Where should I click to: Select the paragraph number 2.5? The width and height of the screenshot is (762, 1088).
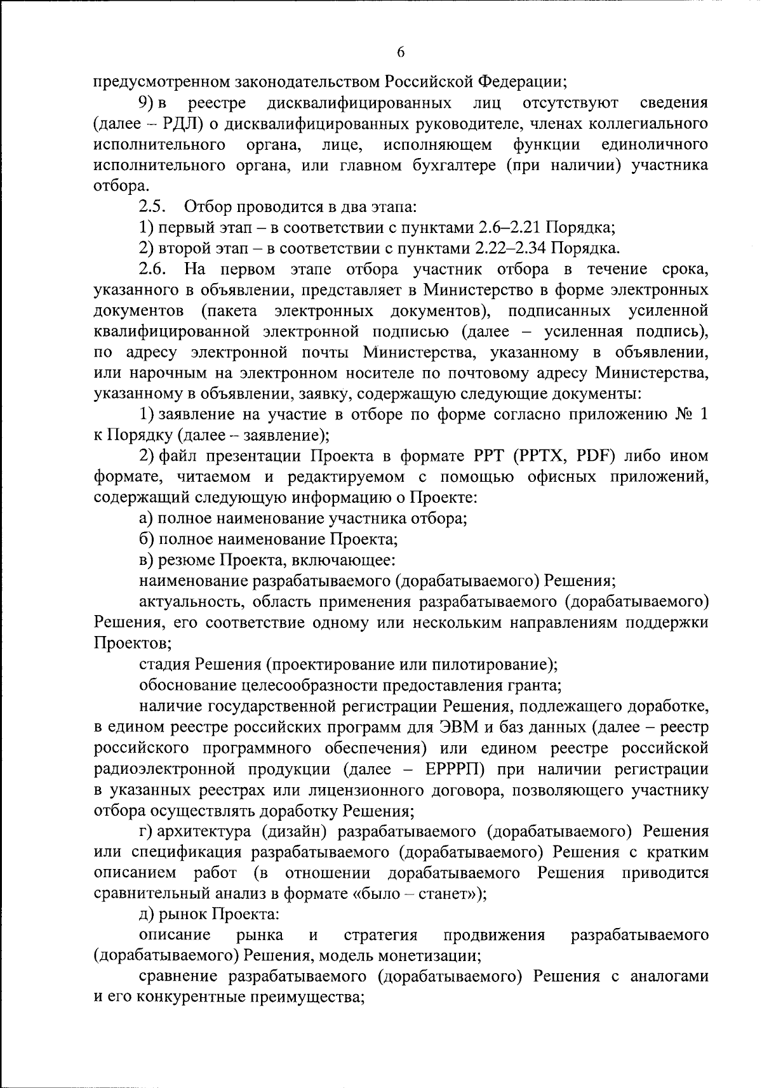point(153,207)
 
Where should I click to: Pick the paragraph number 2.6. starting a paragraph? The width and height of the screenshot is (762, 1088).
point(153,269)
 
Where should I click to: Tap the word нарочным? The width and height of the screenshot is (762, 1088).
point(156,373)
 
